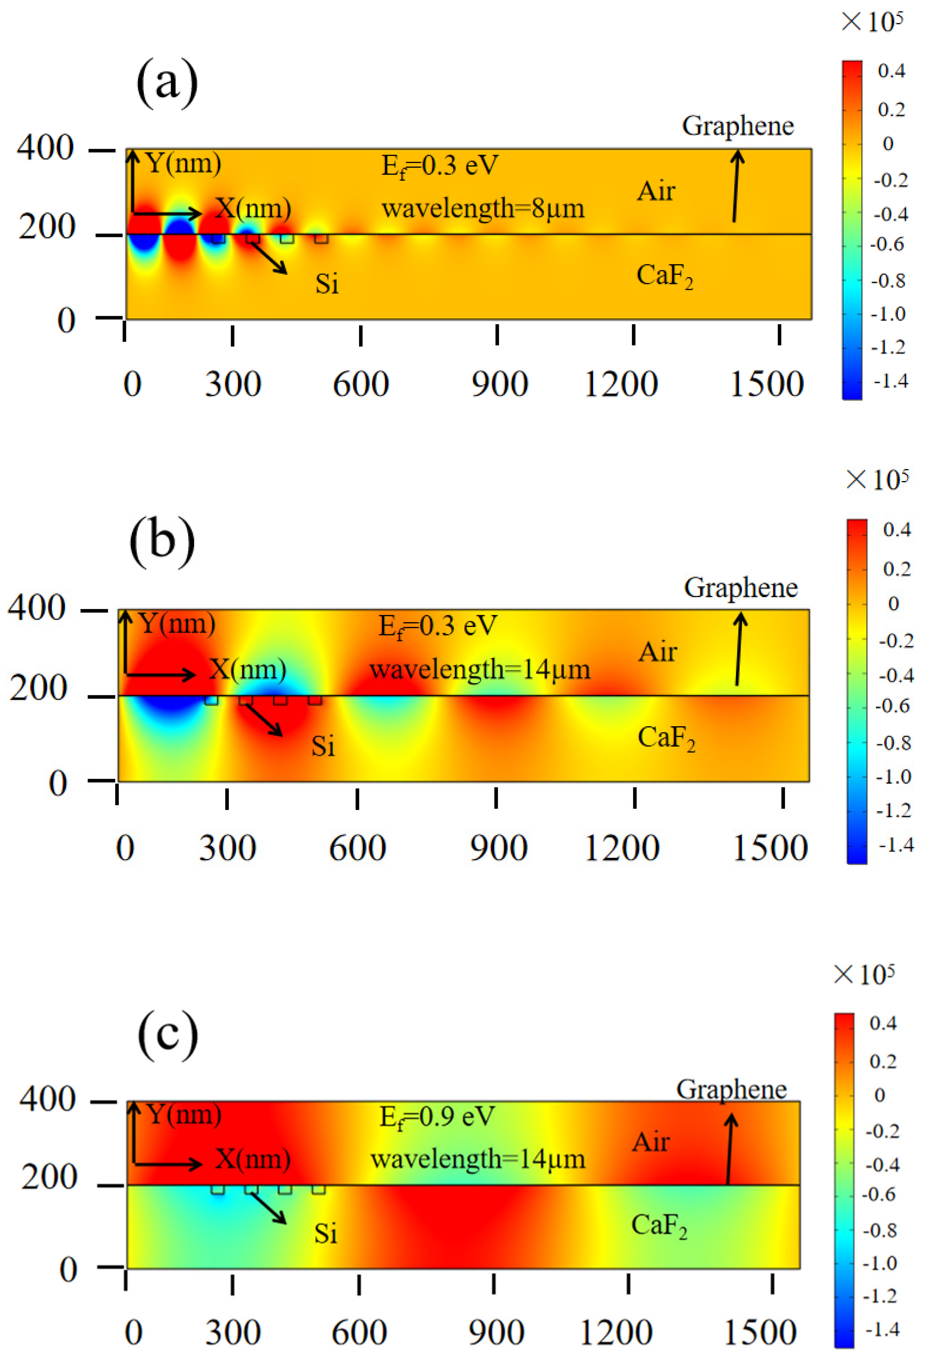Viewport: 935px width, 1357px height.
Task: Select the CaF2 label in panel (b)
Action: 666,738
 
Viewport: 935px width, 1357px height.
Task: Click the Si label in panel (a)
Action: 327,283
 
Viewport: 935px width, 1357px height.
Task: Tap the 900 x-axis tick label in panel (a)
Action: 499,385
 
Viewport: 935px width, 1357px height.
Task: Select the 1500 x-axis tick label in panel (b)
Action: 770,848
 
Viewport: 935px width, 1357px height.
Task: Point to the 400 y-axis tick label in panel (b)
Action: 36,608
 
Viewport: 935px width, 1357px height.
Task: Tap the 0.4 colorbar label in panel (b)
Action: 896,530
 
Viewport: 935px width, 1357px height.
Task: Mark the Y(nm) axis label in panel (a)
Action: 183,163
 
